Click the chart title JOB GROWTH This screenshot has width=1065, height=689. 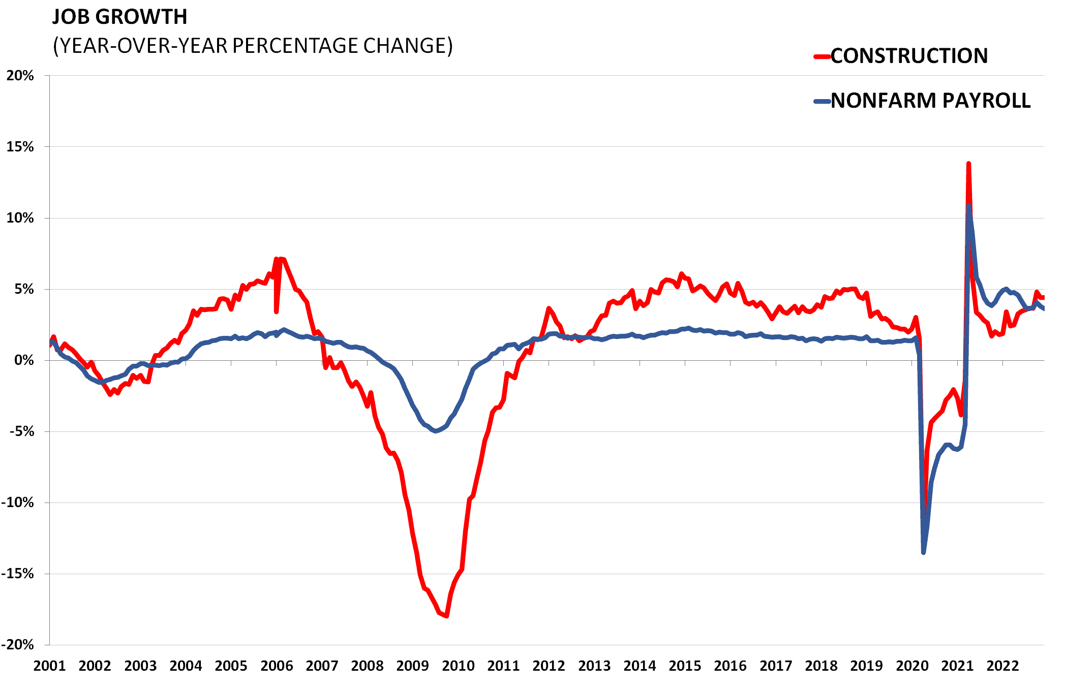pos(120,17)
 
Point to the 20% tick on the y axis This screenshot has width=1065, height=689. pos(20,76)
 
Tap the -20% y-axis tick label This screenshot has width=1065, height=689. pos(18,645)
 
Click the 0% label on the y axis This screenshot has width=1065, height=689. pos(23,360)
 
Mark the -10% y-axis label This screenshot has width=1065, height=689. pos(18,503)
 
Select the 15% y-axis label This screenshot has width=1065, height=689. pos(20,147)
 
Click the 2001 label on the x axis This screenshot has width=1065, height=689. pos(49,666)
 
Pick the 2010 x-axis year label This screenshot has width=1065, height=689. pos(458,666)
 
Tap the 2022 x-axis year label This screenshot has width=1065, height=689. pos(1002,666)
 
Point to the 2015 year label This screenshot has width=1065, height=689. pos(685,666)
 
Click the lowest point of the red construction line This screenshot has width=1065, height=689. pos(446,616)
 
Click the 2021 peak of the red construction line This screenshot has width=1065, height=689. pos(968,164)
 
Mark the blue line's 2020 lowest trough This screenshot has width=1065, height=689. pos(924,552)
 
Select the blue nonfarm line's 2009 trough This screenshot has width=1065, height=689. pos(436,431)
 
